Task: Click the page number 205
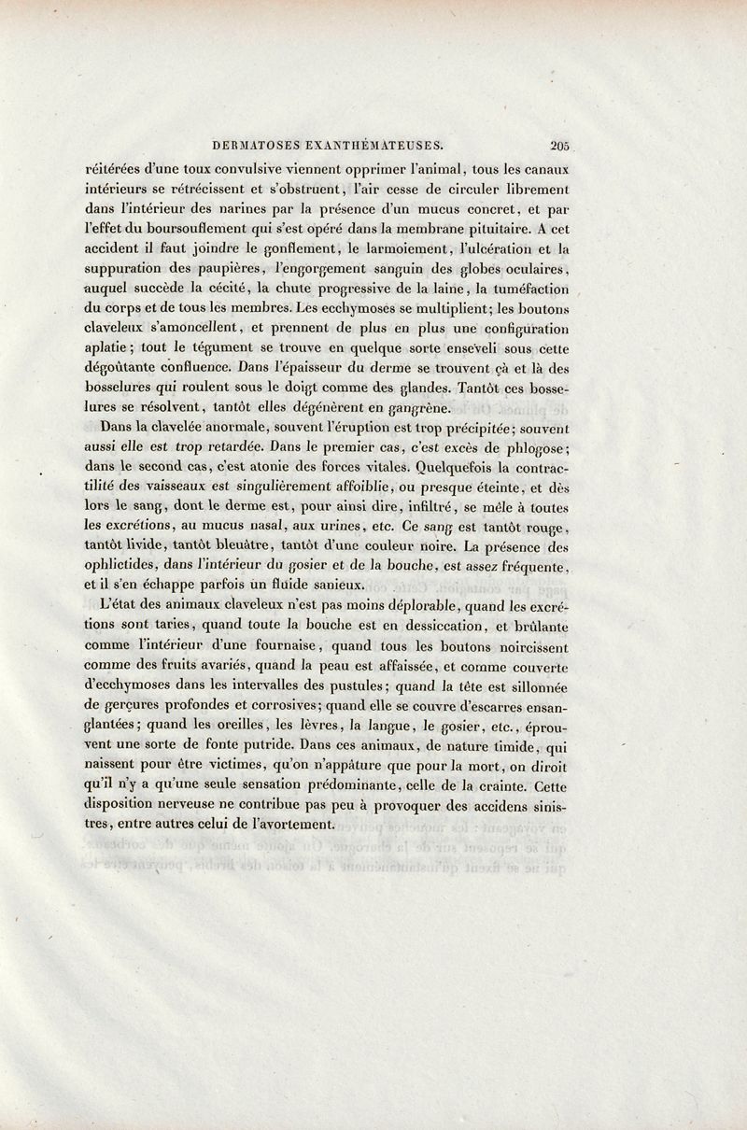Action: (560, 145)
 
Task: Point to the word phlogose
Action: (536, 446)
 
